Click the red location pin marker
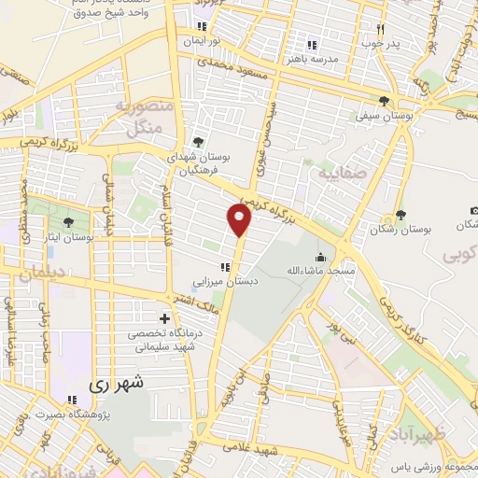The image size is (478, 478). click(240, 221)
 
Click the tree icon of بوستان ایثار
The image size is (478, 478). click(68, 221)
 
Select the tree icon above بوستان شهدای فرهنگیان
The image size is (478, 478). click(197, 142)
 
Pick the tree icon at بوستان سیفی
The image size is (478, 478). click(384, 101)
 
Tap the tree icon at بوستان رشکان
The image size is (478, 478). click(401, 215)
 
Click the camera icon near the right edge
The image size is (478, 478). click(473, 211)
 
